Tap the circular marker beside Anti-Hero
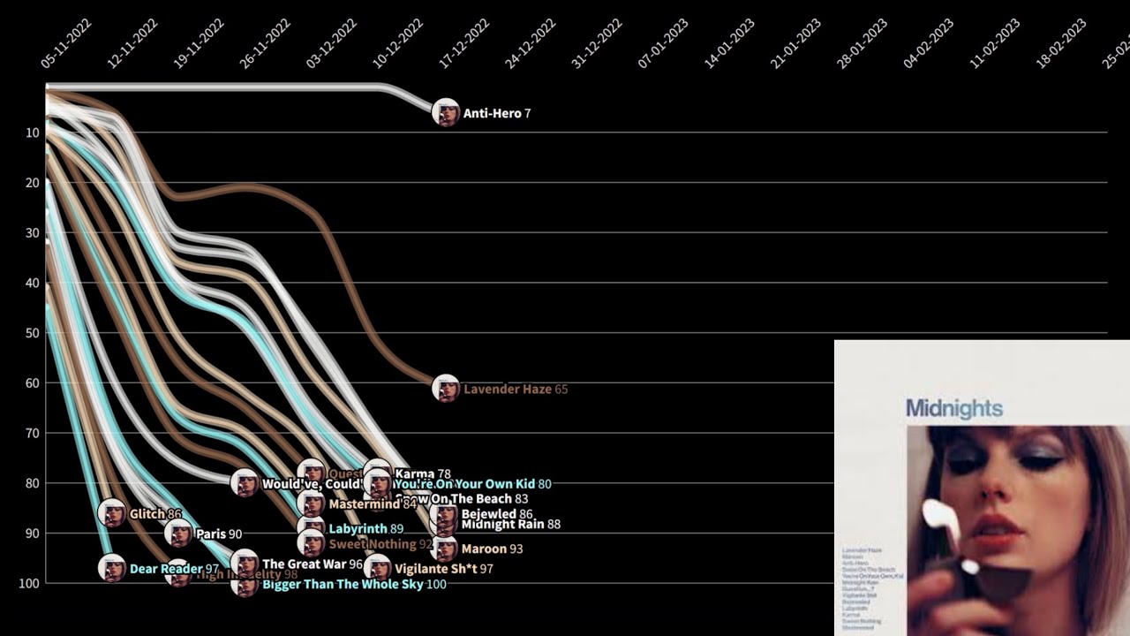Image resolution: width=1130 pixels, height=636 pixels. [446, 113]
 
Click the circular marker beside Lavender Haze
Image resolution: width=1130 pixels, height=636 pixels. [446, 389]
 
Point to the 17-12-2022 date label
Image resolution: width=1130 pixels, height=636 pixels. [464, 43]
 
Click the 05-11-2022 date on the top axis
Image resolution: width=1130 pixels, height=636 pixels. [66, 43]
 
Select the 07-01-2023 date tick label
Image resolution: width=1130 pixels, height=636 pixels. [663, 43]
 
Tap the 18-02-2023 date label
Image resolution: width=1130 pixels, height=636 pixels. [1061, 43]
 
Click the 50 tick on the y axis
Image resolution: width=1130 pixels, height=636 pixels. [33, 333]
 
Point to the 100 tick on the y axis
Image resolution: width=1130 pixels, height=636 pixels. [30, 583]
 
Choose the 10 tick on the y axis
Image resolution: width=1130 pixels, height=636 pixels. [33, 132]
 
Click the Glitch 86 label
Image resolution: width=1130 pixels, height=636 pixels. [155, 514]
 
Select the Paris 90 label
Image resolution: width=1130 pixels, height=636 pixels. [218, 534]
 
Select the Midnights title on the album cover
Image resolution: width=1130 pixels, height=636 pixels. [953, 408]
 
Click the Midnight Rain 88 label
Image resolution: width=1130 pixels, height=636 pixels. [510, 525]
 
